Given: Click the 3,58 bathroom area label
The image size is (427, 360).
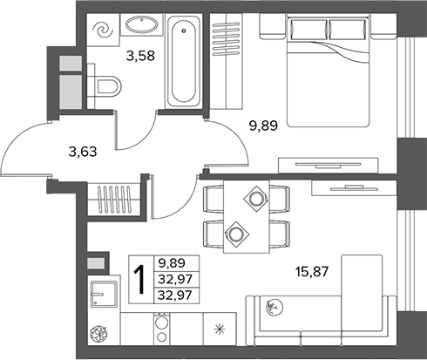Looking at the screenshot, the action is click(140, 56).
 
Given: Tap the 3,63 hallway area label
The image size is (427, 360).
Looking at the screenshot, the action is click(83, 152).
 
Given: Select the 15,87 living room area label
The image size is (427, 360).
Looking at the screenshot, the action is click(312, 272).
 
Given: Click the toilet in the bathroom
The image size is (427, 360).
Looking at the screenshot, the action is click(105, 86).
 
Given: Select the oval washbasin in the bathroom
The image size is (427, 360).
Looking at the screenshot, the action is click(142, 24).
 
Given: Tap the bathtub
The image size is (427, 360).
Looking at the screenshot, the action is click(184, 61).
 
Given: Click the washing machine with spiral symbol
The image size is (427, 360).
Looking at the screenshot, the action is click(104, 30).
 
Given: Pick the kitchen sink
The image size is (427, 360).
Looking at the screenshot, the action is click(104, 294).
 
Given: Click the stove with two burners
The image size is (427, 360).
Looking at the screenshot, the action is click(161, 329).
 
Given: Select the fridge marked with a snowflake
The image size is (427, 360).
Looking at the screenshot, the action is click(220, 329).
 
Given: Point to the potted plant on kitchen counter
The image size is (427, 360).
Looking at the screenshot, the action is click(98, 334).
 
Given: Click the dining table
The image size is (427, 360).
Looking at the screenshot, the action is click(247, 216).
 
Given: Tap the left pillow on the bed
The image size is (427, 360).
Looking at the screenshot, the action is click(308, 30).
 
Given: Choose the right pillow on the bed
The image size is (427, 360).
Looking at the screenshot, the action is click(348, 30).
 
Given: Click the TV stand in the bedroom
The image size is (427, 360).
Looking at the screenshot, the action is click(329, 166).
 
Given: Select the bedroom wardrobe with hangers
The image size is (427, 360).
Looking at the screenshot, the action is click(227, 61).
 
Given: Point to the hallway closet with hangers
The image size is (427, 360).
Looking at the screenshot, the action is click(113, 200).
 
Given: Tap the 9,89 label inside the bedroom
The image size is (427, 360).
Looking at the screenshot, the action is click(264, 126).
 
